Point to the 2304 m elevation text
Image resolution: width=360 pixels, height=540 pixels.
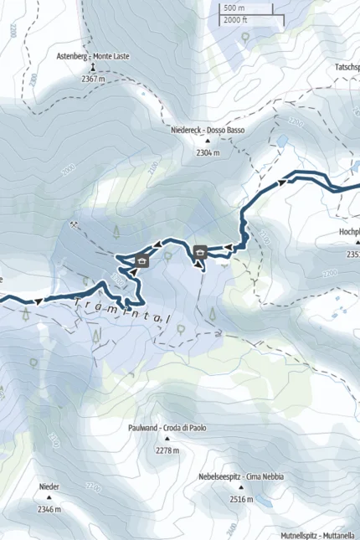[x=207, y=153]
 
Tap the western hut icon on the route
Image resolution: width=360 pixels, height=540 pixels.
[x=141, y=261]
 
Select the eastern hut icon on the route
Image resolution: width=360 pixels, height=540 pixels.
[x=201, y=251]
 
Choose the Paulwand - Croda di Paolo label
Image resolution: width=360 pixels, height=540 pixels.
[x=167, y=428]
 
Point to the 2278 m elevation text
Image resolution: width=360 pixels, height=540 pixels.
[x=167, y=450]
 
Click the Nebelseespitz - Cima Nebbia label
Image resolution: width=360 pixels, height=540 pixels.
[x=240, y=476]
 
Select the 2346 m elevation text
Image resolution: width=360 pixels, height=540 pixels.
[x=49, y=508]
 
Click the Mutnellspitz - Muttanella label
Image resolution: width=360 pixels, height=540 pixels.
[x=317, y=534]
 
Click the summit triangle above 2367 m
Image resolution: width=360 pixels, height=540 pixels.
[x=93, y=67]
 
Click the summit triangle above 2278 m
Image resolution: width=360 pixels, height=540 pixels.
[x=167, y=440]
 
